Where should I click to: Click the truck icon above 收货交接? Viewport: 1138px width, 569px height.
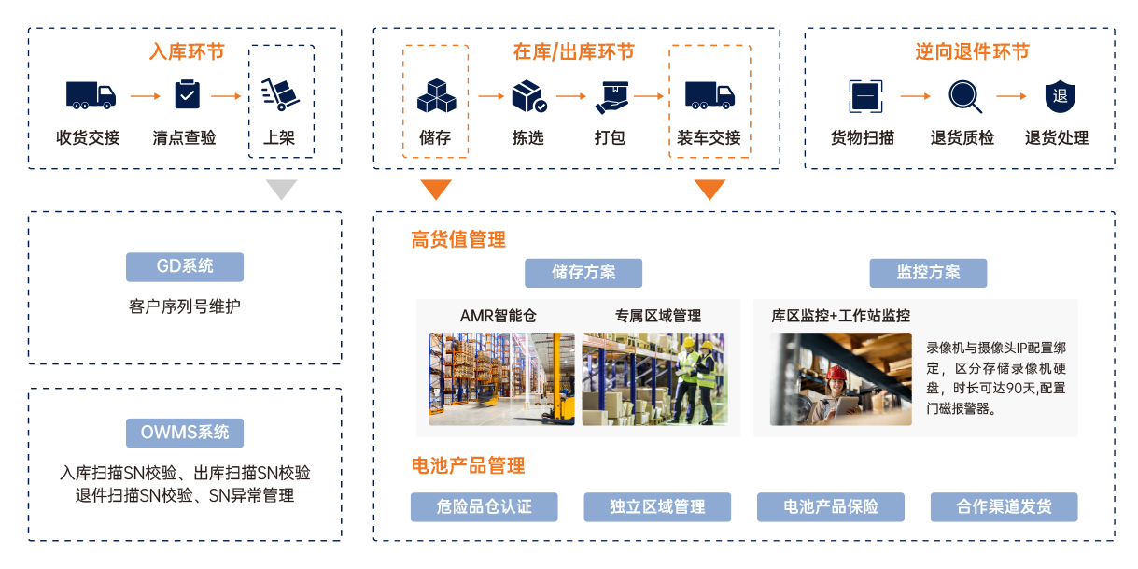(91, 94)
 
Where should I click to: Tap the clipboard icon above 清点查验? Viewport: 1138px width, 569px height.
(187, 94)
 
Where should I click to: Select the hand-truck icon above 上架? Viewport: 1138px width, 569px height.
(280, 94)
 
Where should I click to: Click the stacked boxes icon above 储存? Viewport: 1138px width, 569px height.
(436, 95)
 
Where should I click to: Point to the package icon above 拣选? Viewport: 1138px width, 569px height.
(528, 95)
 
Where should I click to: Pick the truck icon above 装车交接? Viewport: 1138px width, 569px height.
(709, 94)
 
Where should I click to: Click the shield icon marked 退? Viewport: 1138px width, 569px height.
(1060, 95)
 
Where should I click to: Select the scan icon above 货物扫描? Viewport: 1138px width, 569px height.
(864, 95)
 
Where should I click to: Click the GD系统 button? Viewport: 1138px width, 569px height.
(185, 266)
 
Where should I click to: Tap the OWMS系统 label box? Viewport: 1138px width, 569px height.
(185, 433)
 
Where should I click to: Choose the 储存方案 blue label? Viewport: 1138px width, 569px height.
(583, 273)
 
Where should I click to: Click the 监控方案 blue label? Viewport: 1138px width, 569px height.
(928, 273)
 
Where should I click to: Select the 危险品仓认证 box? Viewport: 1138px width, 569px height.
(484, 506)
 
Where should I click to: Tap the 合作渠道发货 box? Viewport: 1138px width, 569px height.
(1004, 506)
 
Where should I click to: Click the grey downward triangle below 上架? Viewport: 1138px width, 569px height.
(281, 190)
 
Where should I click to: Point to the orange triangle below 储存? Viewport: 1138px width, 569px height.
(436, 190)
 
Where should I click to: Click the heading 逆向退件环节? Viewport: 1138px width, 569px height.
(959, 52)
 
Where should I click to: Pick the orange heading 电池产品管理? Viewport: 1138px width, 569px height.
(468, 465)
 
